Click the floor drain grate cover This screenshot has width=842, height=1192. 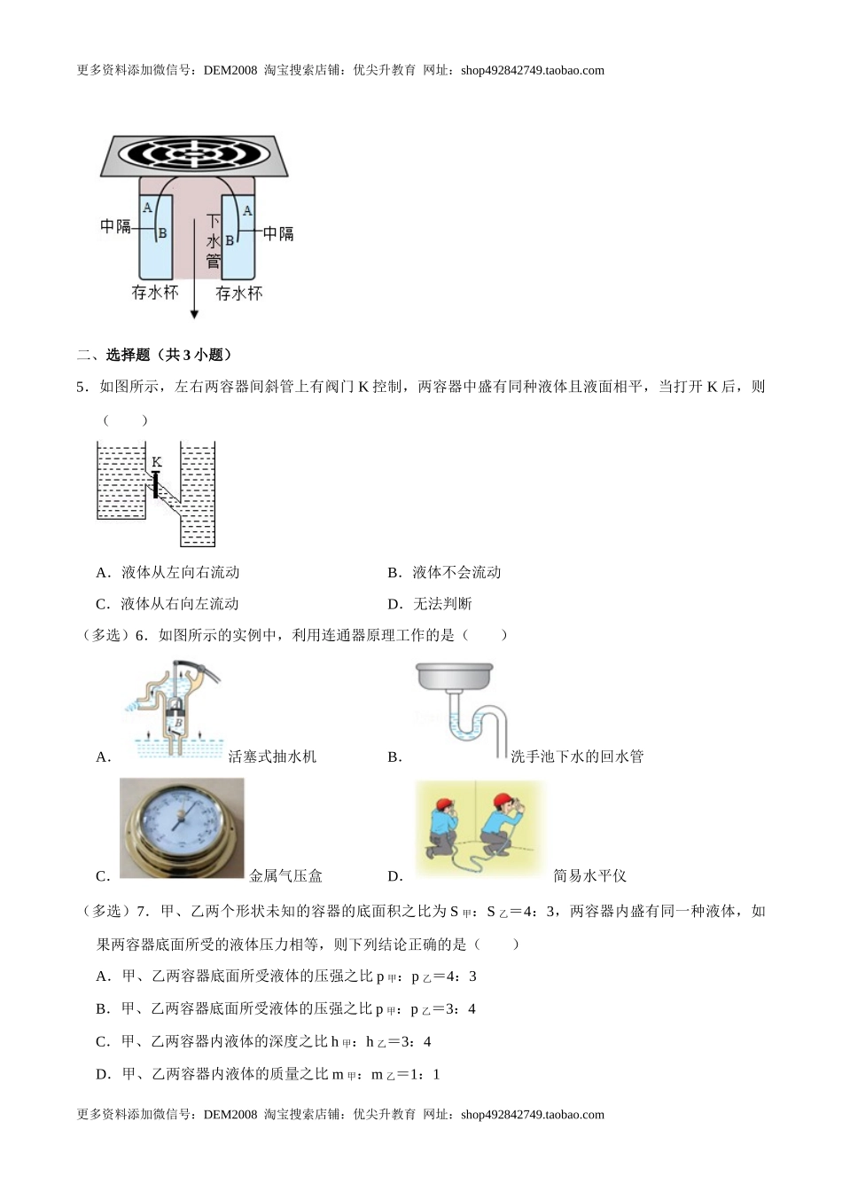pyautogui.click(x=192, y=155)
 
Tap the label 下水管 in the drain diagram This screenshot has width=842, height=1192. pyautogui.click(x=214, y=240)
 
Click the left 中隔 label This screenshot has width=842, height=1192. pyautogui.click(x=115, y=227)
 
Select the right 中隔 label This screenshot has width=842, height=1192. pyautogui.click(x=278, y=234)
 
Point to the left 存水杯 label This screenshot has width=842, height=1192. pyautogui.click(x=155, y=293)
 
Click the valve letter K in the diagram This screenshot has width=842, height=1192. pyautogui.click(x=157, y=462)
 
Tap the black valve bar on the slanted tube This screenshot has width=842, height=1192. pyautogui.click(x=156, y=484)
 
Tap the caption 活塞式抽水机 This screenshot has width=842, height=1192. pyautogui.click(x=272, y=757)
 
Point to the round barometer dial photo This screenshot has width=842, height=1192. pyautogui.click(x=182, y=827)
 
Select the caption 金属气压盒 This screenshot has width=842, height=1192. pyautogui.click(x=286, y=876)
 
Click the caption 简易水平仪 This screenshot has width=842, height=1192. pyautogui.click(x=589, y=876)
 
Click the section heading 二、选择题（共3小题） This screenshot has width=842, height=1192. pyautogui.click(x=154, y=355)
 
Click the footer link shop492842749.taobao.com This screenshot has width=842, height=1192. pyautogui.click(x=532, y=1115)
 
